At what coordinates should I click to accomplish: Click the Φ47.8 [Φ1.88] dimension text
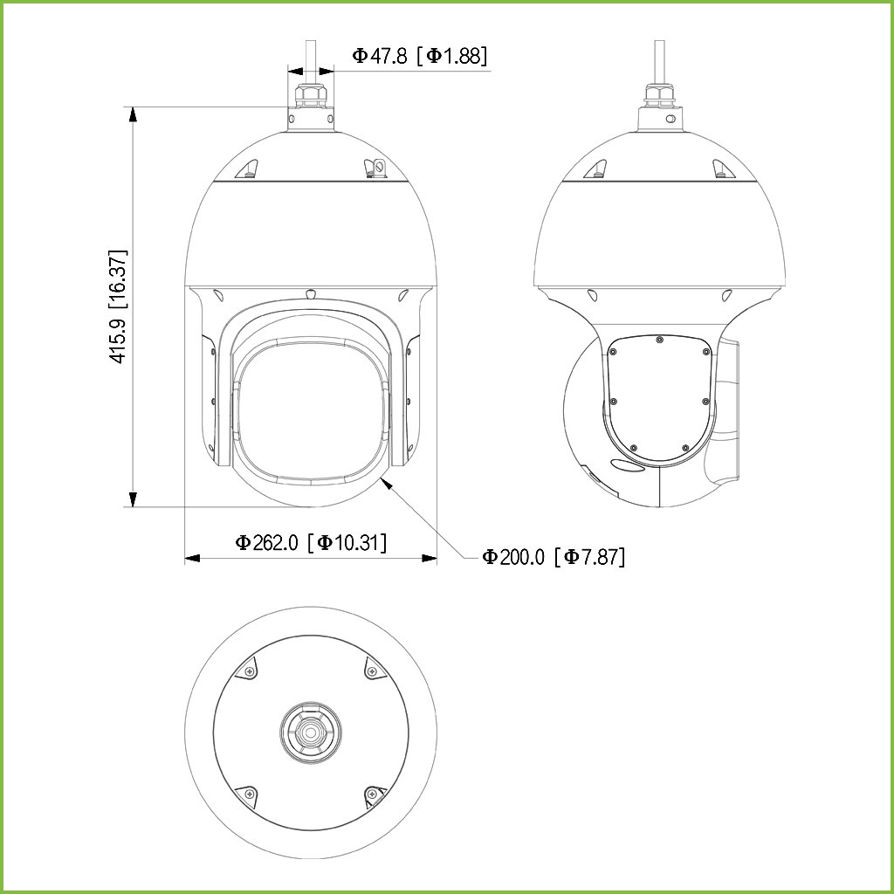pyautogui.click(x=419, y=56)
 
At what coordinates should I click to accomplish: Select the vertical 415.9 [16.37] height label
pyautogui.click(x=118, y=306)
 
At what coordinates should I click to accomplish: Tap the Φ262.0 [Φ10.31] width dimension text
pyautogui.click(x=311, y=542)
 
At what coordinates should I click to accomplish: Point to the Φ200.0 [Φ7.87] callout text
pyautogui.click(x=554, y=557)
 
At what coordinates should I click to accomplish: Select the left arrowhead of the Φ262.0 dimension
pyautogui.click(x=193, y=558)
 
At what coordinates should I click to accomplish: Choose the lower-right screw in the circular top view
pyautogui.click(x=372, y=794)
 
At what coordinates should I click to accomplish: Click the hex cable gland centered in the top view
pyautogui.click(x=311, y=732)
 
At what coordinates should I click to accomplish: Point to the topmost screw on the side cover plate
pyautogui.click(x=659, y=340)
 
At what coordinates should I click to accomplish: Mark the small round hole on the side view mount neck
pyautogui.click(x=670, y=116)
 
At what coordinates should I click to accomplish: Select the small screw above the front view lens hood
pyautogui.click(x=311, y=293)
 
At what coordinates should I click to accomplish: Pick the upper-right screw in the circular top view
pyautogui.click(x=372, y=671)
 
